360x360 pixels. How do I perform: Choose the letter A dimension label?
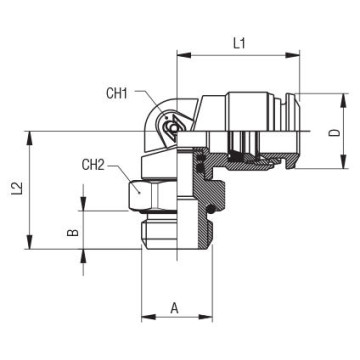176,308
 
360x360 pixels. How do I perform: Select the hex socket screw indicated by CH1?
173,129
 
